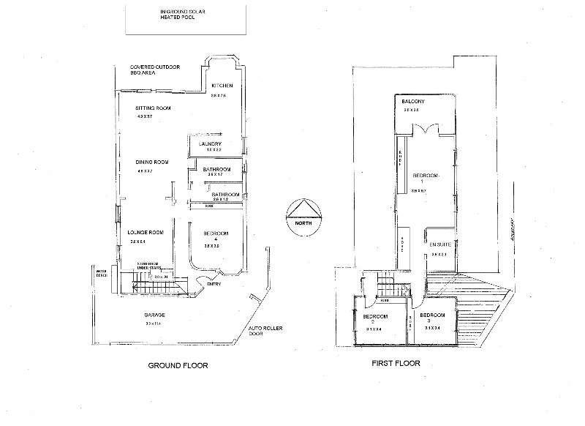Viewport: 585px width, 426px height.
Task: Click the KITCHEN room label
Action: point(222,86)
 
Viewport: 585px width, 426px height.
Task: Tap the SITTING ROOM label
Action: point(153,108)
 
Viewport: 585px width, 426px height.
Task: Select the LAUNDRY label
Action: point(210,144)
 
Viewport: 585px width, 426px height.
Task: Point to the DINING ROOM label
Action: point(152,162)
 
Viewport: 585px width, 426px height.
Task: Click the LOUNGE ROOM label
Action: point(146,232)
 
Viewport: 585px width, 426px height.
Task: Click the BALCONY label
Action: point(414,101)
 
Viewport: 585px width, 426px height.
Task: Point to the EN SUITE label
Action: point(439,244)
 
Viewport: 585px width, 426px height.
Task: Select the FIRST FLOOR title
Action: point(396,364)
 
